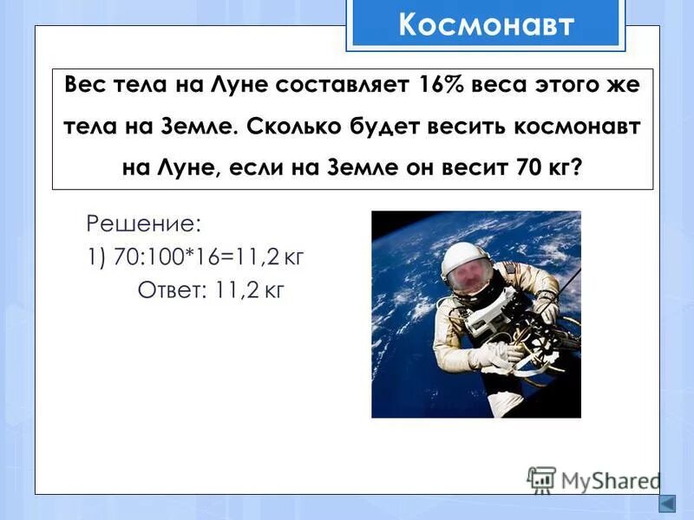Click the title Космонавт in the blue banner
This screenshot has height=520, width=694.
coord(486,24)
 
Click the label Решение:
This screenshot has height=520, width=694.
coord(143,224)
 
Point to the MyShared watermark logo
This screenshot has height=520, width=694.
coord(593,479)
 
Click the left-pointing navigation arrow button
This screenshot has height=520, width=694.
coord(667,505)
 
